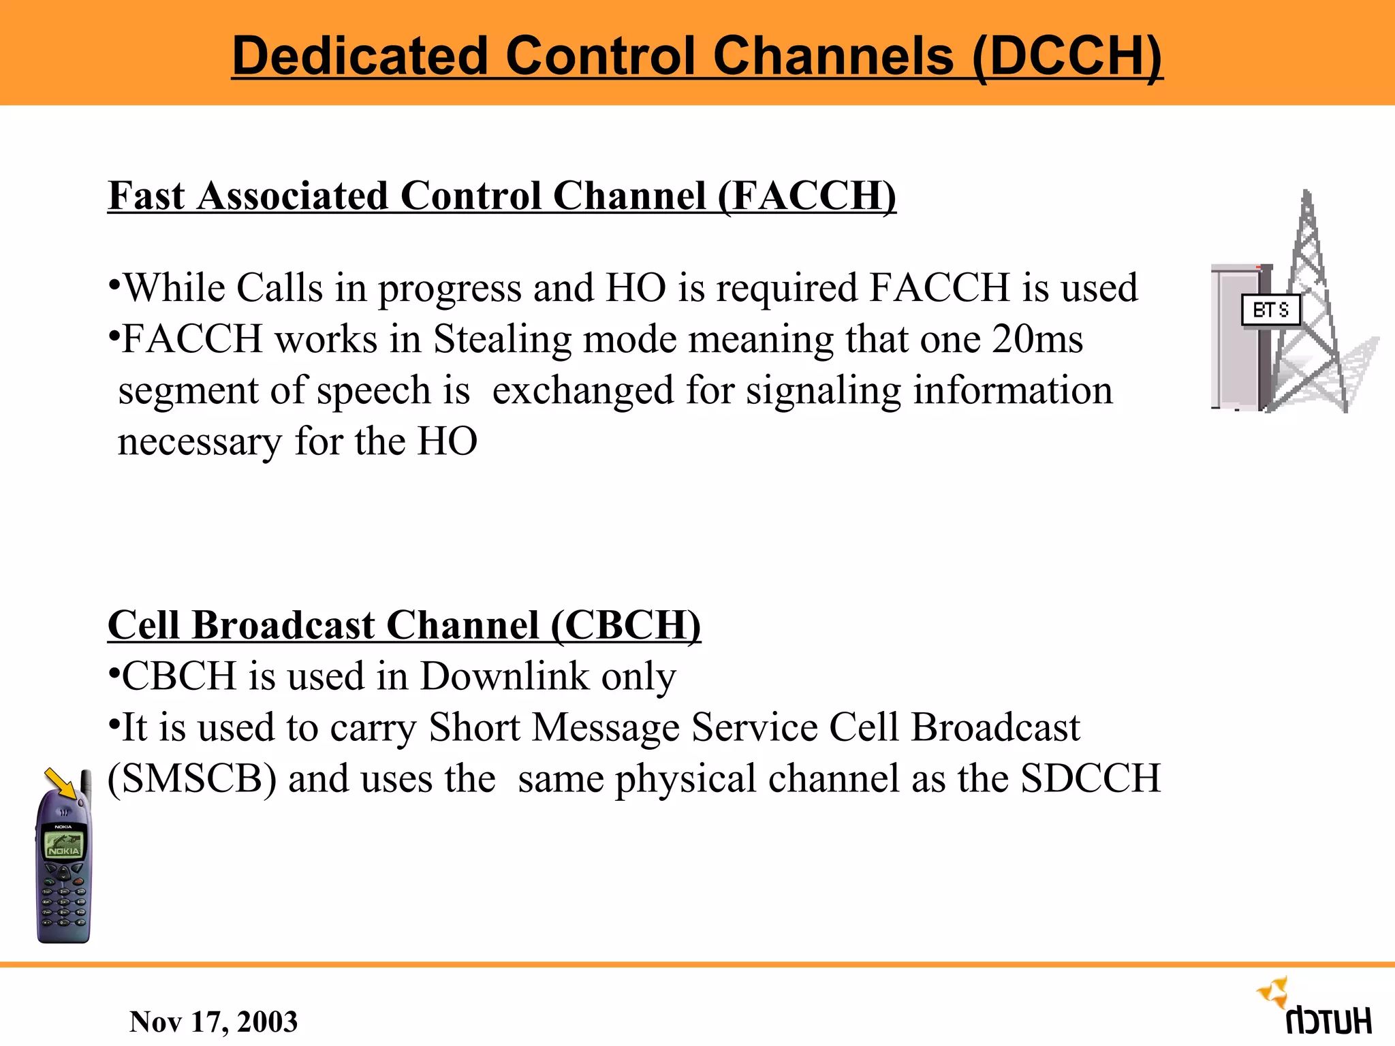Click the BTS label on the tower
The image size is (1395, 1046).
(1270, 311)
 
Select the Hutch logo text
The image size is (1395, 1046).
(1328, 1021)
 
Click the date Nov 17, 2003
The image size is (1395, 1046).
(213, 1021)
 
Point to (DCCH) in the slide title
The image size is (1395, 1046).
(1067, 56)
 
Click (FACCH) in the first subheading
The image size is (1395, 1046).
(806, 196)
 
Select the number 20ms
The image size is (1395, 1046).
(1037, 339)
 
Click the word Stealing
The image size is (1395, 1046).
(503, 339)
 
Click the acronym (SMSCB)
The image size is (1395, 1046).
(192, 778)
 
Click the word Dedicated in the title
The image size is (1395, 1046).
(360, 56)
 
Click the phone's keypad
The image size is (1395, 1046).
(63, 902)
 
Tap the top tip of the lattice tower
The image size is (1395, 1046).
(1306, 194)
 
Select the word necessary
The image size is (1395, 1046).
(200, 441)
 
